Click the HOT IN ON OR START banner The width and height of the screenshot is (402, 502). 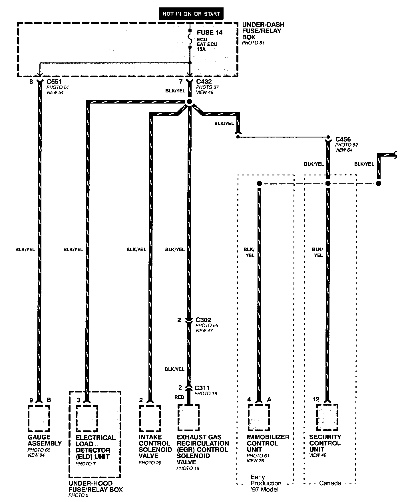[191, 14]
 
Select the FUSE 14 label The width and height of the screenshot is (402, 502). [210, 33]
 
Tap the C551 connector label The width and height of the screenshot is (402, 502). [54, 82]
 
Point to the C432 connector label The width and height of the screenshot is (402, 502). [204, 82]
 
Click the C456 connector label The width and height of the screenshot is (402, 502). [343, 139]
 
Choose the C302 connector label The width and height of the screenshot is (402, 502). [203, 320]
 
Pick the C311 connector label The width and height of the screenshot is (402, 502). [202, 388]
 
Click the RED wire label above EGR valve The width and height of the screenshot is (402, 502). [179, 397]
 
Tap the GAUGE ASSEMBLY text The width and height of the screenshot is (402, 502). [45, 440]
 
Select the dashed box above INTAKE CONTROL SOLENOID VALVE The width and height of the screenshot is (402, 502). [150, 418]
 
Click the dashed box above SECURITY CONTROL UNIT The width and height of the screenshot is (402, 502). [327, 418]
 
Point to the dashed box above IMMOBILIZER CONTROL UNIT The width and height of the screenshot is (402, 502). [259, 418]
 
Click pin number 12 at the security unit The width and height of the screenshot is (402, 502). [315, 399]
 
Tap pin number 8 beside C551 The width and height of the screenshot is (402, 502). [31, 82]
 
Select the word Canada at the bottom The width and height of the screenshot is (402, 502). [330, 483]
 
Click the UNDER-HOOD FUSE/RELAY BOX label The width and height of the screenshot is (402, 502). [96, 486]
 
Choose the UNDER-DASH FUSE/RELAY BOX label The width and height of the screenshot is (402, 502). [263, 31]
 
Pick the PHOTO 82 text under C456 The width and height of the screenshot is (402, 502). [346, 145]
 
